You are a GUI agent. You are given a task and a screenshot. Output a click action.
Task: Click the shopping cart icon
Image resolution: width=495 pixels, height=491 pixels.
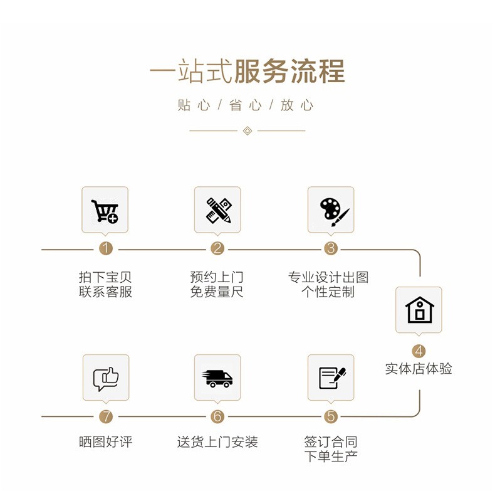(x=105, y=211)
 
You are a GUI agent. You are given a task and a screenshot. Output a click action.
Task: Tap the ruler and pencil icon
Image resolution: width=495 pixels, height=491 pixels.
(x=219, y=211)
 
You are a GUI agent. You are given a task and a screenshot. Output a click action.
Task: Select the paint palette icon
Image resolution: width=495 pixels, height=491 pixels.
(x=335, y=212)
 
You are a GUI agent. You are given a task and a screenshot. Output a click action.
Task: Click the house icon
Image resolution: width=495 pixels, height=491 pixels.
(x=420, y=310)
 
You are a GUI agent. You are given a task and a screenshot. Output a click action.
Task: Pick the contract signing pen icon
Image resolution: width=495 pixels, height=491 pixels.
(x=332, y=377)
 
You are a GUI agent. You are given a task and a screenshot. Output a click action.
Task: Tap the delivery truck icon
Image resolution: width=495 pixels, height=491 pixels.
(x=217, y=379)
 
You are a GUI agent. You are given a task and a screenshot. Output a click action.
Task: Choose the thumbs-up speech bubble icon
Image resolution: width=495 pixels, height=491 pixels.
(x=106, y=379)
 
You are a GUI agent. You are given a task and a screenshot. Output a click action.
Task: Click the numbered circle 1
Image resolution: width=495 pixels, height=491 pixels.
(x=106, y=248)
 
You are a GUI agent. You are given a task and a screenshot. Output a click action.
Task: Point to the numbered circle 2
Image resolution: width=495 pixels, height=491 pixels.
(x=217, y=248)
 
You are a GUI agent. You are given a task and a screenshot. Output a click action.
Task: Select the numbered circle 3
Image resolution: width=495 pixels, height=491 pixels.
(x=331, y=248)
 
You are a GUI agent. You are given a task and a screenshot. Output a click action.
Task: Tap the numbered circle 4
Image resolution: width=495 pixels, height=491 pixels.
(x=419, y=351)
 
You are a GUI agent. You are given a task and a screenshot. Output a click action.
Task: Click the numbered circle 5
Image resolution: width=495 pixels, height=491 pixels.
(x=331, y=416)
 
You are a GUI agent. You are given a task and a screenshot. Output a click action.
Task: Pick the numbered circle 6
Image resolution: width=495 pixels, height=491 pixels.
(x=217, y=416)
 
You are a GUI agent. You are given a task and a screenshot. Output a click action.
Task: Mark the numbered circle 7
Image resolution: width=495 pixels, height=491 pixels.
(x=106, y=416)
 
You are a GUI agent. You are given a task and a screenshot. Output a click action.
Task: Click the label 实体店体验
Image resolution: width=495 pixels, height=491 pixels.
(x=419, y=369)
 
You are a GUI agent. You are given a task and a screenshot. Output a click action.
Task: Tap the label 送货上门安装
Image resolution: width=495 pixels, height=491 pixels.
(x=217, y=441)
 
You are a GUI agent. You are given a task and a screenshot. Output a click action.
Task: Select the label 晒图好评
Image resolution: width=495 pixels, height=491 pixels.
(x=105, y=441)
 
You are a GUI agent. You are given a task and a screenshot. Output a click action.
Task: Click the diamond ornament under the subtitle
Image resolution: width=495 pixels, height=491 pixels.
(x=247, y=130)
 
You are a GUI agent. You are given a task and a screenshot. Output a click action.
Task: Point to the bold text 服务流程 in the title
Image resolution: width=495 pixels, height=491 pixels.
(x=289, y=71)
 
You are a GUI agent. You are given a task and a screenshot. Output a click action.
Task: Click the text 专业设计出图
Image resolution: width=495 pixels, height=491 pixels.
(x=328, y=277)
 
